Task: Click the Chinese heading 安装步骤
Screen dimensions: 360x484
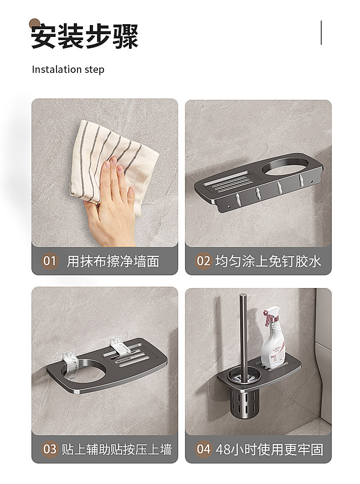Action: coord(84,36)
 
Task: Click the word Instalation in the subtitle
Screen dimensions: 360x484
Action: coord(57,69)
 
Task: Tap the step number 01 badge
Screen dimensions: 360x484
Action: coord(50,261)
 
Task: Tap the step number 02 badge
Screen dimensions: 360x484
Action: coord(203,261)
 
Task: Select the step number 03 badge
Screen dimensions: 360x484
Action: coord(50,449)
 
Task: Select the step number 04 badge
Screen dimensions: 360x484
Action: coord(203,449)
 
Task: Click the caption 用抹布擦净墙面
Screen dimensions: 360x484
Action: coord(113,262)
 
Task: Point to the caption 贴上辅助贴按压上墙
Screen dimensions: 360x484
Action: coord(116,449)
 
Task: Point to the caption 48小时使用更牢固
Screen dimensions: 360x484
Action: coord(269,449)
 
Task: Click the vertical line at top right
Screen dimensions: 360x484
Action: coord(321,33)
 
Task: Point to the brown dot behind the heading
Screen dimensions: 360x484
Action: coord(35,24)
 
